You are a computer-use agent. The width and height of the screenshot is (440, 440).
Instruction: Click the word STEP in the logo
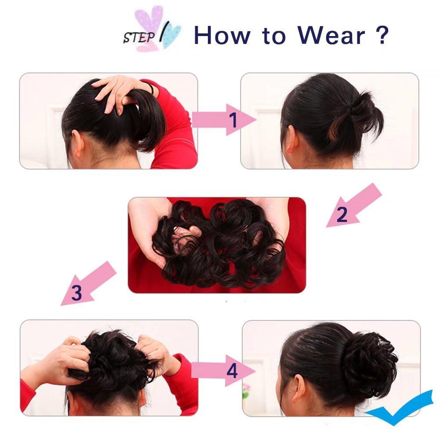[139, 37]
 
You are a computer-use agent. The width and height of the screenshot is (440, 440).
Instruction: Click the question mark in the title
[382, 35]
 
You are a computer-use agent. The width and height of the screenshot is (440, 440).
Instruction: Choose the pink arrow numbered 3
[88, 284]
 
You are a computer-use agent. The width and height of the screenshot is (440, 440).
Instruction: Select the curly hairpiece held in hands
[220, 244]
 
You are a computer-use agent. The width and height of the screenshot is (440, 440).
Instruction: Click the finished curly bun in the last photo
[369, 365]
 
